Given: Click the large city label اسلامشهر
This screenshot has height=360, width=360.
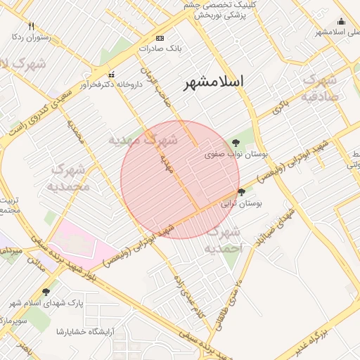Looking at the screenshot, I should click(214, 82).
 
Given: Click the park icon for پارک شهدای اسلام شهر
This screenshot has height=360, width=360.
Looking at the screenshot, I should click(46, 292).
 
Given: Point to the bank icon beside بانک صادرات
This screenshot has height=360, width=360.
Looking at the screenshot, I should click(160, 38).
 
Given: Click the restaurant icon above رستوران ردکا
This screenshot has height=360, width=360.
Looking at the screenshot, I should click(29, 25).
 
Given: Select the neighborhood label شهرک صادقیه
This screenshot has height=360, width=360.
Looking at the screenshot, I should click(321, 88).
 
